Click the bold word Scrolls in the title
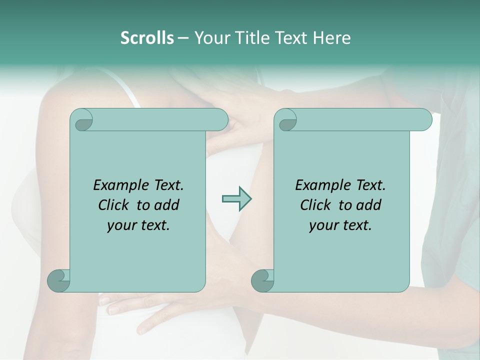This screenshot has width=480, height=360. (147, 38)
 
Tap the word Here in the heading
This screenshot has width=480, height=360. (332, 38)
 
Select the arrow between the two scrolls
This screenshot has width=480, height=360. (236, 199)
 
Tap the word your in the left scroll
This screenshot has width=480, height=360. (120, 226)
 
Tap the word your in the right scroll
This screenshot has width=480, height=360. (322, 226)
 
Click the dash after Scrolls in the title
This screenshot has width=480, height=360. (183, 38)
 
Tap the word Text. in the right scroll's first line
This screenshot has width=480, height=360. (370, 185)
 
